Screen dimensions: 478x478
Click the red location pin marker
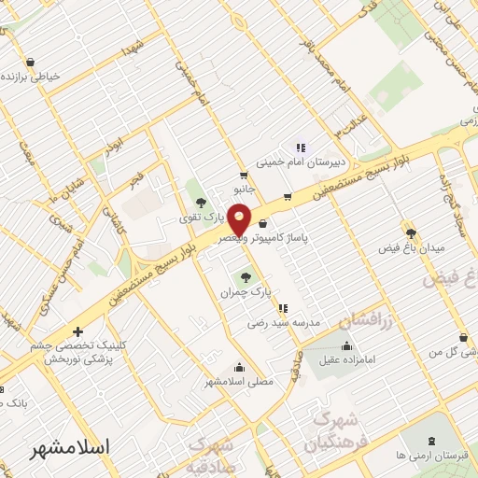pos(240,220)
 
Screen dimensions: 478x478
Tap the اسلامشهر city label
pos(70,447)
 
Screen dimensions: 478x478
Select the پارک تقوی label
pos(198,218)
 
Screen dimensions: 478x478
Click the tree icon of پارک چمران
pos(246,276)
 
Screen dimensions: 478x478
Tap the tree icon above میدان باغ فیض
pos(410,232)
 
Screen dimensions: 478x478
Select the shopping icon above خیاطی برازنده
pos(31,62)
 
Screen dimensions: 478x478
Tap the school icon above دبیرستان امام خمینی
pos(300,147)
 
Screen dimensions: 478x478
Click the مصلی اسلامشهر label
pos(240,381)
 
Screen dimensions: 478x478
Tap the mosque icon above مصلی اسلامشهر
pos(240,366)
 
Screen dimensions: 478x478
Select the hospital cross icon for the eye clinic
pos(77,331)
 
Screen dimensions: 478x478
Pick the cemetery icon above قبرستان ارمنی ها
pos(430,441)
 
